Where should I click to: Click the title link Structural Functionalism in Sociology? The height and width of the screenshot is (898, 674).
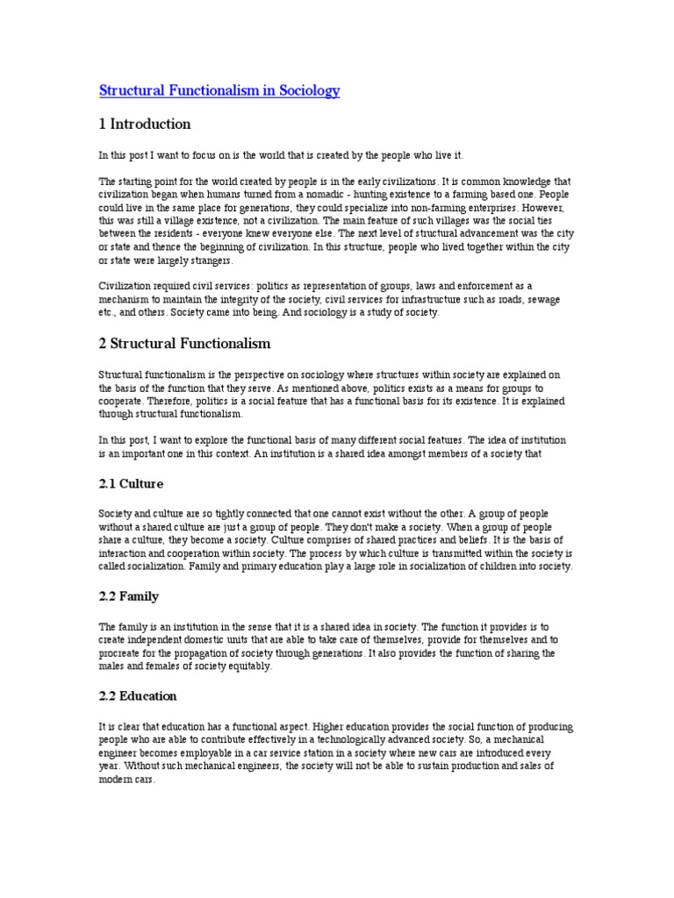tap(219, 90)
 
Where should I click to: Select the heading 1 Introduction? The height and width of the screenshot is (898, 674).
tap(145, 124)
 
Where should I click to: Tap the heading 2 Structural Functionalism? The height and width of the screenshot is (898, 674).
tap(184, 342)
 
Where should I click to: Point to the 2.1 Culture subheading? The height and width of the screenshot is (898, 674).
tap(131, 483)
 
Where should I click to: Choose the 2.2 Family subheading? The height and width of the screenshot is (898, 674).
tap(129, 596)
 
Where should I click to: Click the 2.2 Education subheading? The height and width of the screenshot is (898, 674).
tap(138, 696)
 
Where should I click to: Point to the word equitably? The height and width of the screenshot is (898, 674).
tap(247, 667)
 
